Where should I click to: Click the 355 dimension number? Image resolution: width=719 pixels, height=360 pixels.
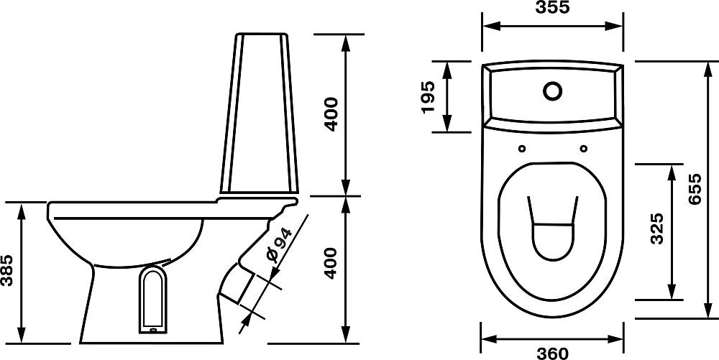click(x=552, y=7)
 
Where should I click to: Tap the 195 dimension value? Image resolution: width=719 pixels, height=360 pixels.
click(x=427, y=97)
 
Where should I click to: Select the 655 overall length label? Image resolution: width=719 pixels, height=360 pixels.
click(x=695, y=189)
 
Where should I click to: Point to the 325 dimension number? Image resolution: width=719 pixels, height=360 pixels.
click(x=657, y=229)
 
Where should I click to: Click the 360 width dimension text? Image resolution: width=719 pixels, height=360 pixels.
click(x=552, y=353)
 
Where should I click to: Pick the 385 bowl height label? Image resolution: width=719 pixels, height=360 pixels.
click(x=7, y=270)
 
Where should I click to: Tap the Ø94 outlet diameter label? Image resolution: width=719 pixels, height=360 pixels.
click(x=278, y=245)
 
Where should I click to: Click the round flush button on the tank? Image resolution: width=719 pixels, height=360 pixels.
click(x=552, y=91)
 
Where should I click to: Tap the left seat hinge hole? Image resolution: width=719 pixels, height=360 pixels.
click(x=522, y=149)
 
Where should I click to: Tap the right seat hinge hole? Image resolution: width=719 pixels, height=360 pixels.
click(x=583, y=149)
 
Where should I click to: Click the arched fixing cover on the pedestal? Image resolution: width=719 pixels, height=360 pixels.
click(x=152, y=299)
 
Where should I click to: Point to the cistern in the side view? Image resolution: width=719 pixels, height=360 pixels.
click(x=260, y=113)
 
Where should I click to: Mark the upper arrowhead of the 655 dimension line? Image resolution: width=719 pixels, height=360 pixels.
click(x=709, y=69)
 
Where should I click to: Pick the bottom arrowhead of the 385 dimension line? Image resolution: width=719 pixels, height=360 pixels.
click(x=22, y=335)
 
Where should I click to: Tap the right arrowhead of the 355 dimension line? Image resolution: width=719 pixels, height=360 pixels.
click(x=615, y=26)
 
